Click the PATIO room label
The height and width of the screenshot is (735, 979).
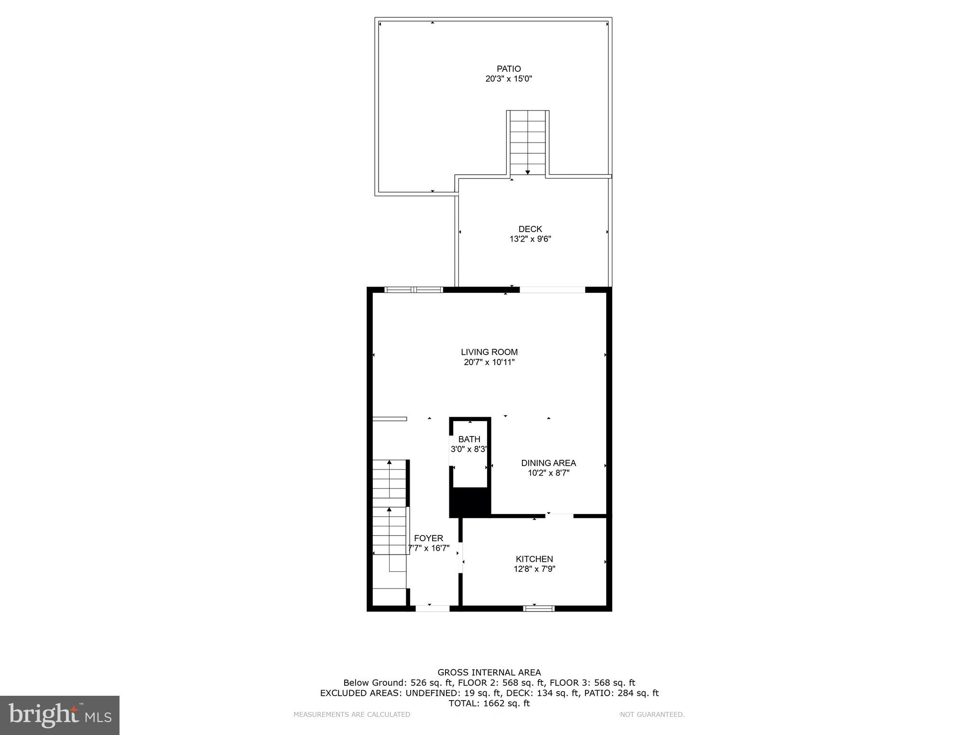point(509,69)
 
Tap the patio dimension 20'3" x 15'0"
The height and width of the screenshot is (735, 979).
point(509,79)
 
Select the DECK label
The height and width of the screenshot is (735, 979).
point(530,229)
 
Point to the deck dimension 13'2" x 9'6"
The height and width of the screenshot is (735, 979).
point(530,239)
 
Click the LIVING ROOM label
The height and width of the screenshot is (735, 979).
point(489,352)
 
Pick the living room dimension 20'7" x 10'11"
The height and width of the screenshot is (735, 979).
point(489,362)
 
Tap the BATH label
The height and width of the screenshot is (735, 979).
point(469,439)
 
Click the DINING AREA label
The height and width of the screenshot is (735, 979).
point(548,463)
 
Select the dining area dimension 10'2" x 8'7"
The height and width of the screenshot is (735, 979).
point(548,473)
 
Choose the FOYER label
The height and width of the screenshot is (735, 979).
point(428,538)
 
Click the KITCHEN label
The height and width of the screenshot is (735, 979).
point(534,559)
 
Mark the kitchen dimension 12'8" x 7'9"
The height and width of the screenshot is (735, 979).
point(534,569)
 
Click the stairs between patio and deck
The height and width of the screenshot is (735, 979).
point(528,143)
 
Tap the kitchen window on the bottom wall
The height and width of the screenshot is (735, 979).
point(539,608)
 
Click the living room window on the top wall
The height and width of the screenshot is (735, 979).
point(414,290)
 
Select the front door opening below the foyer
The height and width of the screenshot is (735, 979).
point(432,608)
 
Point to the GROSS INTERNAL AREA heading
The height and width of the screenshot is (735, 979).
point(489,672)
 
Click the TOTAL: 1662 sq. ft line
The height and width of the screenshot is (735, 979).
point(489,703)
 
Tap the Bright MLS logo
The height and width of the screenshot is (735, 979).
point(60,715)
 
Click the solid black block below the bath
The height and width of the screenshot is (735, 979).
point(470,502)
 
